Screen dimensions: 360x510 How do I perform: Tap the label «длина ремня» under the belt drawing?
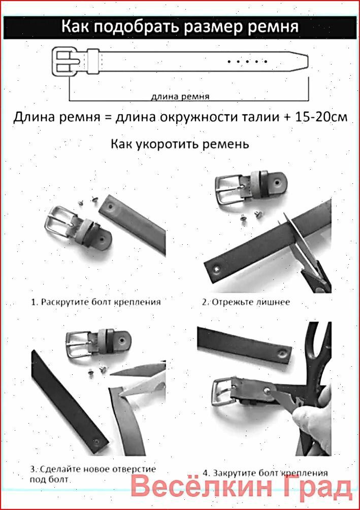pos(180,97)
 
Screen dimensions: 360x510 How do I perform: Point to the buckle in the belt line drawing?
pos(66,61)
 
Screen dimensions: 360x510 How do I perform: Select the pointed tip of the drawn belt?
pos(308,61)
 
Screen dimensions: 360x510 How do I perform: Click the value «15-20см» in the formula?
pos(321,117)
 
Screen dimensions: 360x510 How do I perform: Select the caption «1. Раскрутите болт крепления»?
pos(96,302)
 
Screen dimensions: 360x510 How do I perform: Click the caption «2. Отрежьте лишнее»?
pos(246,302)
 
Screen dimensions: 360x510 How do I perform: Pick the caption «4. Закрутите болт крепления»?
pos(265,472)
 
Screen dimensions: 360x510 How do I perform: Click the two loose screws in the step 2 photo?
pos(250,216)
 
